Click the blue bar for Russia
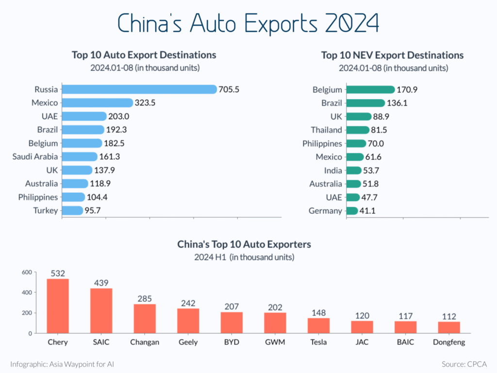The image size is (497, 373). click(x=139, y=89)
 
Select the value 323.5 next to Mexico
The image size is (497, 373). click(x=145, y=103)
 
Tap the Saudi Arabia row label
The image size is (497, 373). click(x=35, y=156)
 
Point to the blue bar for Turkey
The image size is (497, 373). click(x=72, y=210)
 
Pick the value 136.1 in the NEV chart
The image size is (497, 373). click(x=399, y=103)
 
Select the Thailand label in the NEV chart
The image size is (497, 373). click(x=327, y=130)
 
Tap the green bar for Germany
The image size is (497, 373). click(x=352, y=211)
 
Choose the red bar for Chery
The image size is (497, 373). click(x=58, y=306)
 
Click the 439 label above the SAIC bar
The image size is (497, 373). click(x=101, y=283)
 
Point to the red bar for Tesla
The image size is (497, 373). click(x=318, y=325)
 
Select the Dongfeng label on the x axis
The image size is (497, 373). click(x=449, y=342)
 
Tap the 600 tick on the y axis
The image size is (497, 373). click(x=26, y=272)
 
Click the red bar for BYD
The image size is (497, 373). click(x=232, y=322)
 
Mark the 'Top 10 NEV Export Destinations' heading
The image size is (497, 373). click(x=392, y=55)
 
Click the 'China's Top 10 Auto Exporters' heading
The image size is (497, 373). click(x=244, y=244)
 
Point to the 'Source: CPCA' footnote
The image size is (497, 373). click(x=464, y=364)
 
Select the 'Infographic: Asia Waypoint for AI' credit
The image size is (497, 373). click(x=62, y=364)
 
